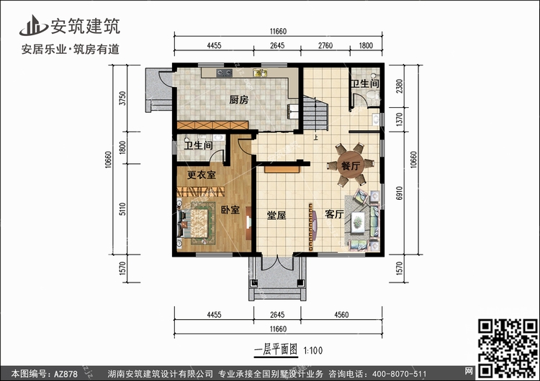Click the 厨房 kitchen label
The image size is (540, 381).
(x=238, y=100)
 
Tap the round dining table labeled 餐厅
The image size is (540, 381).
(x=350, y=165)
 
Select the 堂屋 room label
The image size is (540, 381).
(x=276, y=216)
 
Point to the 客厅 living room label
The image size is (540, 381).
(x=334, y=214)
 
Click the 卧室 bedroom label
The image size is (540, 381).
(x=230, y=209)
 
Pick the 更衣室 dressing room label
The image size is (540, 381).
(x=202, y=175)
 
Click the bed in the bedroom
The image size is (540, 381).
(x=194, y=224)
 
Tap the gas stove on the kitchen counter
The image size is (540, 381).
(x=224, y=73)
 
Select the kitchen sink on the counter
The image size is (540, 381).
(x=260, y=73)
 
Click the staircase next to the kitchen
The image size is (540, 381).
(x=315, y=114)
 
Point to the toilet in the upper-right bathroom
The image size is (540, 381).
(x=372, y=94)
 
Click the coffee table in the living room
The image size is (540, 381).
(x=358, y=222)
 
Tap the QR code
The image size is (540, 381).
(x=508, y=347)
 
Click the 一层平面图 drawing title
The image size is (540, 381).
(x=276, y=350)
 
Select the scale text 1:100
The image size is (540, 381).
(x=312, y=351)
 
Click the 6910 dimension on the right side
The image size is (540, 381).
(x=399, y=193)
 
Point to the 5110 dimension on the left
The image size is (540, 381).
(x=122, y=209)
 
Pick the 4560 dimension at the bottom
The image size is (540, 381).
(x=341, y=315)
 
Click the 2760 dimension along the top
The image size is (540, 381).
(x=325, y=45)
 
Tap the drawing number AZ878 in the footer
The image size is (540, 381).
(x=66, y=374)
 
